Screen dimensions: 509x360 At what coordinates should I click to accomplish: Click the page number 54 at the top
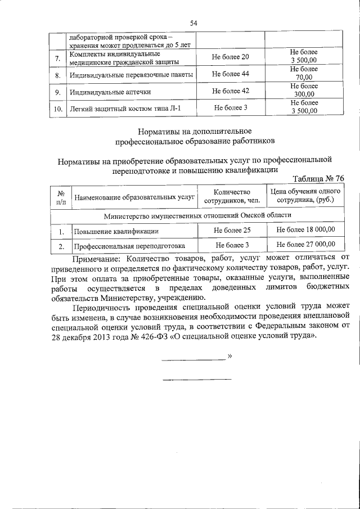coord(194,23)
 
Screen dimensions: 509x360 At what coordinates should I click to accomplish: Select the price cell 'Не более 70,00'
coord(304,74)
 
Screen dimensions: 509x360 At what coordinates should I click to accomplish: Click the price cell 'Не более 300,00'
coord(304,91)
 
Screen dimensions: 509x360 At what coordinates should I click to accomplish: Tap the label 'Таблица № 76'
coord(318,178)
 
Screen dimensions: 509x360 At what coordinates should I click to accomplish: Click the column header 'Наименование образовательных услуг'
coord(133,197)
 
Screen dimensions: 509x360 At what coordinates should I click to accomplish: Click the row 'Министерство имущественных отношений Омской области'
coord(197,216)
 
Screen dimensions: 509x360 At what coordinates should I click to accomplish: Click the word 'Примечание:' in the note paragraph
coord(96,259)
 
